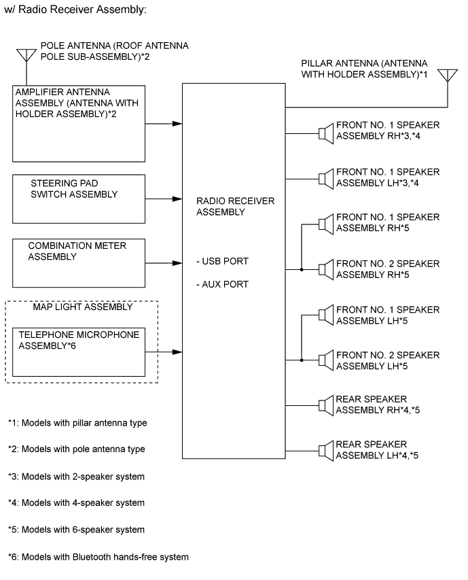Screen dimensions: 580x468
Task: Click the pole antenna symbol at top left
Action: (x=26, y=54)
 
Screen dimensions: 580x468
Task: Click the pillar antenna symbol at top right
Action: (x=448, y=75)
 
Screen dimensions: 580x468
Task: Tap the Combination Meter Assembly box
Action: (x=78, y=262)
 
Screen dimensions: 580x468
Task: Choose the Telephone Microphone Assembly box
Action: (x=78, y=350)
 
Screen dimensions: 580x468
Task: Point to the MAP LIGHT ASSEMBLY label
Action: (x=82, y=306)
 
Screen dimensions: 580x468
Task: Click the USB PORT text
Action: (x=222, y=262)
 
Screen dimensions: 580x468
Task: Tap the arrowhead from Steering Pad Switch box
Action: (x=177, y=200)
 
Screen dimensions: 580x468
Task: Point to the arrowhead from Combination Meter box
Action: (x=177, y=262)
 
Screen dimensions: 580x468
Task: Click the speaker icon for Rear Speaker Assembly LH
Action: (x=325, y=449)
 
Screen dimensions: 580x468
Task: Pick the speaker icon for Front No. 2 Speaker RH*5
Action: (x=325, y=269)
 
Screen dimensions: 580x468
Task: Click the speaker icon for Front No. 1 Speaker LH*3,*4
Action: (x=325, y=177)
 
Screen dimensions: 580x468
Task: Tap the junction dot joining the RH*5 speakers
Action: (x=301, y=269)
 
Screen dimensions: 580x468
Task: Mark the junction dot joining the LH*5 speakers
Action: (x=301, y=360)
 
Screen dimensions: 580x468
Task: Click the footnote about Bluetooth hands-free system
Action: (x=98, y=557)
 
